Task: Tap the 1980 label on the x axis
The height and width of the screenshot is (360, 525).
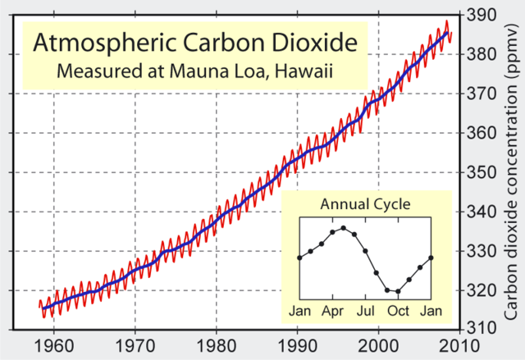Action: tap(217, 346)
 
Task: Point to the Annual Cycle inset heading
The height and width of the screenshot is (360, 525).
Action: tap(366, 203)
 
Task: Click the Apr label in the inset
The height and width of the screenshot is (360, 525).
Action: tap(332, 312)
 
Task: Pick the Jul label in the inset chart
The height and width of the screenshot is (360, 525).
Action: tap(366, 312)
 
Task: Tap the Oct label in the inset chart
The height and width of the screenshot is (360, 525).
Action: tap(399, 312)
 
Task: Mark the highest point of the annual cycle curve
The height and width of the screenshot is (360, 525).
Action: tap(343, 227)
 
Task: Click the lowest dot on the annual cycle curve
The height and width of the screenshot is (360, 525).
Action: tap(398, 291)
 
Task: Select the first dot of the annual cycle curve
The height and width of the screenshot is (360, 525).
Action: tap(299, 257)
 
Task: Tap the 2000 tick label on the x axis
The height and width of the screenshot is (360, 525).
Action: tap(378, 346)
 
